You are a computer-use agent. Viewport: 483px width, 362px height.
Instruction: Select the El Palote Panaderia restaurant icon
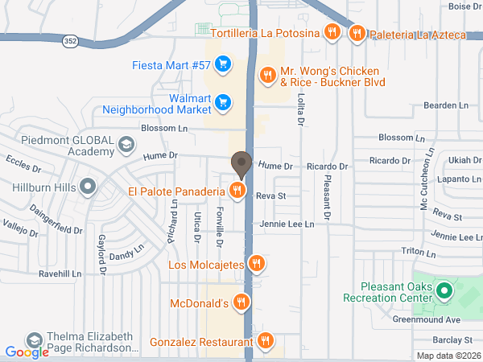237,191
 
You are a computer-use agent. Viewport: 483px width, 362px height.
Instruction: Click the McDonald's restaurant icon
241,303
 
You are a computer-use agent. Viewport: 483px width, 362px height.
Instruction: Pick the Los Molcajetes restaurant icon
256,263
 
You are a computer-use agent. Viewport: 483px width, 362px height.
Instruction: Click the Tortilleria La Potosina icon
331,33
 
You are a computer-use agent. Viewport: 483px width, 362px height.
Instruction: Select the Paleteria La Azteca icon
357,33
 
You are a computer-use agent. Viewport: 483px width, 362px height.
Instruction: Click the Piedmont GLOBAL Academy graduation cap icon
126,145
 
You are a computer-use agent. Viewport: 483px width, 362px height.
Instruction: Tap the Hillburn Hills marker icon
89,187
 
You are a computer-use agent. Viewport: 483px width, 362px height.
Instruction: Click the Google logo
27,352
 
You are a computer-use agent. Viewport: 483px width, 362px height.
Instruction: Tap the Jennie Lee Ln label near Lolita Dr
286,224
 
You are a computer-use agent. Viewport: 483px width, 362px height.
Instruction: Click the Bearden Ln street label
447,105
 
